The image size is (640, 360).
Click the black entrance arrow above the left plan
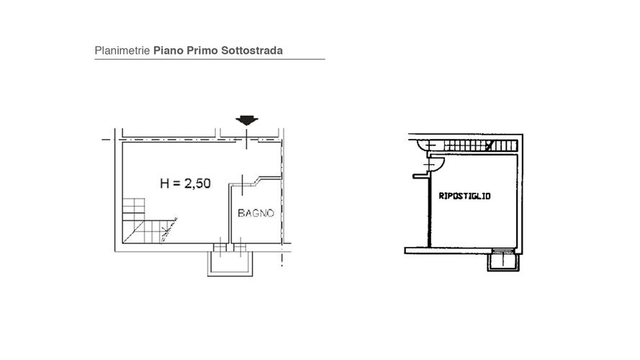point(246,120)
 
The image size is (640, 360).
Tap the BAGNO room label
point(256,213)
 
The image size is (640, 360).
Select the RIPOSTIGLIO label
point(464,196)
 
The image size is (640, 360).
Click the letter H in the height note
point(164,184)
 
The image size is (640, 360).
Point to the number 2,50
point(197,184)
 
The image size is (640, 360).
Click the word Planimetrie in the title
point(122,50)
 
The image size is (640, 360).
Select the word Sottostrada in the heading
point(252,50)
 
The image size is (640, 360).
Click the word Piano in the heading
point(168,51)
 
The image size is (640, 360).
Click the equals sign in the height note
point(176,184)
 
